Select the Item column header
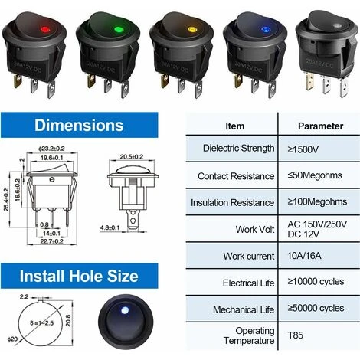[x=235, y=125]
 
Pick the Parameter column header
[x=321, y=125]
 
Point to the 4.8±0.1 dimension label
[x=113, y=226]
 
